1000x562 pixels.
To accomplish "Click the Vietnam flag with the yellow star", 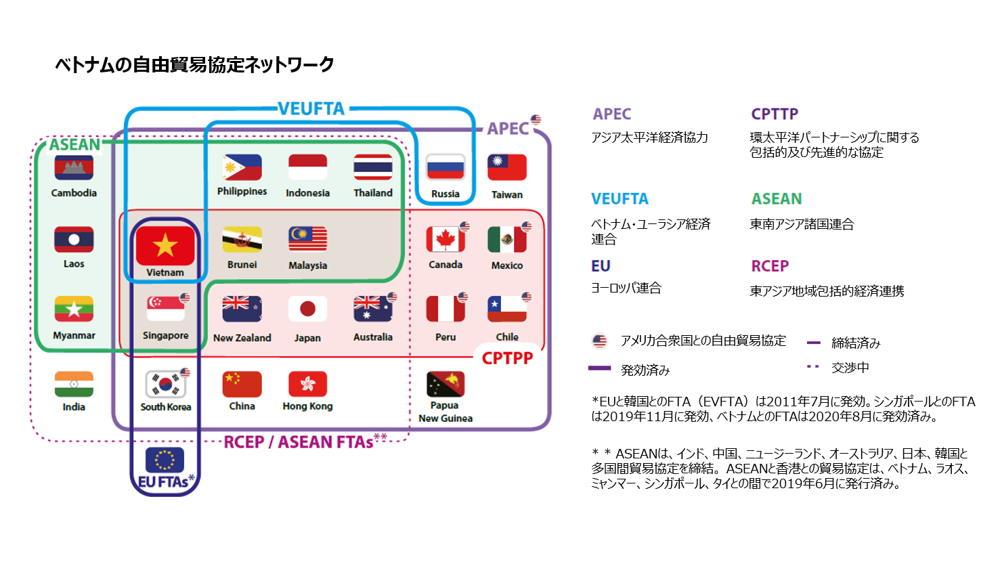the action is click(x=165, y=246).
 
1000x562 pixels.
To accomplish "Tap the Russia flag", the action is click(x=445, y=167).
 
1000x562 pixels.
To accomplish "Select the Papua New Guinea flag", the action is click(x=445, y=384).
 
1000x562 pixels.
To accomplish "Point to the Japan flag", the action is click(x=307, y=309).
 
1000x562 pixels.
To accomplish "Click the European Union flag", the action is click(x=165, y=459).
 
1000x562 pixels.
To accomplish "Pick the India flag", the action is click(x=74, y=384).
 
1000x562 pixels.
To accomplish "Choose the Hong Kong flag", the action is click(x=307, y=384).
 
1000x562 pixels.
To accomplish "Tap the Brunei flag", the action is click(x=242, y=239).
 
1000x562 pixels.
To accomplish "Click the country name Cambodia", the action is click(x=74, y=193).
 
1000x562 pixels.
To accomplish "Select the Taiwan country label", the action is click(x=506, y=194).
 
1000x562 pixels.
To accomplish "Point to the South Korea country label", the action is click(x=166, y=407).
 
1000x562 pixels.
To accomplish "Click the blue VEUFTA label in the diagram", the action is click(x=311, y=108).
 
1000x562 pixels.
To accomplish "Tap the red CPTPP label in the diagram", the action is click(x=507, y=358).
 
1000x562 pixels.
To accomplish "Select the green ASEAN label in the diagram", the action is click(x=74, y=145).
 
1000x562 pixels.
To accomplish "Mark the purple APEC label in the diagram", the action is click(x=508, y=129).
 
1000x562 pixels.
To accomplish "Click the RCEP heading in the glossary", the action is click(x=770, y=266).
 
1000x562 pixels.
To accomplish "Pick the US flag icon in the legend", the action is click(x=600, y=341).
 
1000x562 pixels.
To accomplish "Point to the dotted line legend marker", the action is click(x=813, y=367).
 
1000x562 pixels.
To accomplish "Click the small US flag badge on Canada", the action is click(x=464, y=226).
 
